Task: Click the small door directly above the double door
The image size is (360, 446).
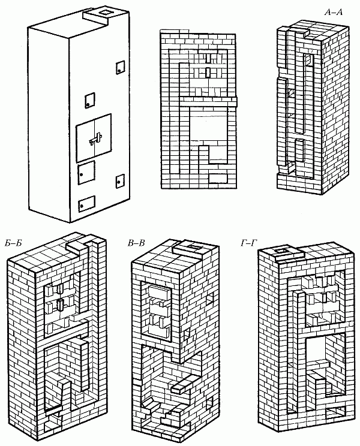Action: tap(90, 100)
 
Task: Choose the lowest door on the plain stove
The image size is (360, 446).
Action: tap(88, 203)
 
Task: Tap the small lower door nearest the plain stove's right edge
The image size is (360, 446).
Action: tap(119, 179)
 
